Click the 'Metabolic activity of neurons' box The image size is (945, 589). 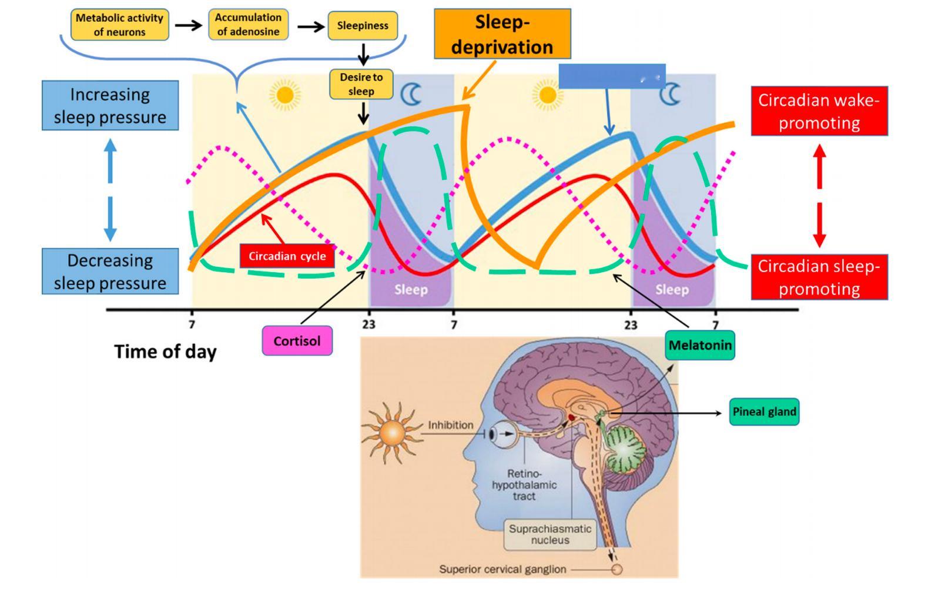click(119, 25)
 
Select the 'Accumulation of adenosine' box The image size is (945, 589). click(248, 25)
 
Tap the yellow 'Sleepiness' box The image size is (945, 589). click(362, 26)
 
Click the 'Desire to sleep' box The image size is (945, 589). click(361, 84)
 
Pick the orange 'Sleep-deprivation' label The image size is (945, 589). click(502, 34)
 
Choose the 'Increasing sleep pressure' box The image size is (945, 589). click(110, 106)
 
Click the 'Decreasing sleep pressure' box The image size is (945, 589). click(110, 272)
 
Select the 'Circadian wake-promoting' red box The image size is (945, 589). click(819, 111)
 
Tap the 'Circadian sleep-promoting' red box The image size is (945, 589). click(819, 277)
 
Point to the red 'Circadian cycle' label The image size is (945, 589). click(287, 256)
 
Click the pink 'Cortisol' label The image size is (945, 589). click(297, 341)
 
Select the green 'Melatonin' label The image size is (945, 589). click(700, 345)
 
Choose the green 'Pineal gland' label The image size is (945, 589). click(764, 412)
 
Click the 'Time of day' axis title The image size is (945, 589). click(165, 352)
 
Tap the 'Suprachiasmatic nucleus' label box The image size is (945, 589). click(549, 534)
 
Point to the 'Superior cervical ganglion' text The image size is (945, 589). click(502, 569)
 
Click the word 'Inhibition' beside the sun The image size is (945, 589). click(450, 424)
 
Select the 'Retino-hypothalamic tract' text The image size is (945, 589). click(524, 485)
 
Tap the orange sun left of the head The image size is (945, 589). click(392, 434)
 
